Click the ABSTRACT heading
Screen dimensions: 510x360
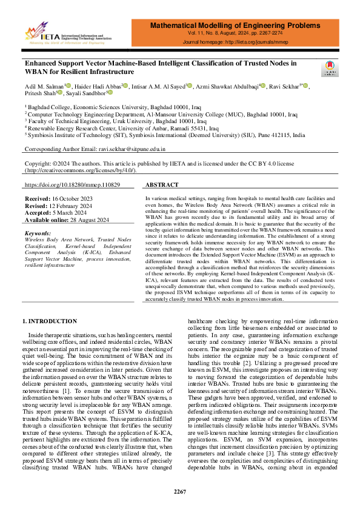[x=162, y=184]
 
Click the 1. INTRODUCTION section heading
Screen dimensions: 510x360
[x=50, y=321]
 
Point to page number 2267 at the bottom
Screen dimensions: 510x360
[x=180, y=491]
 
